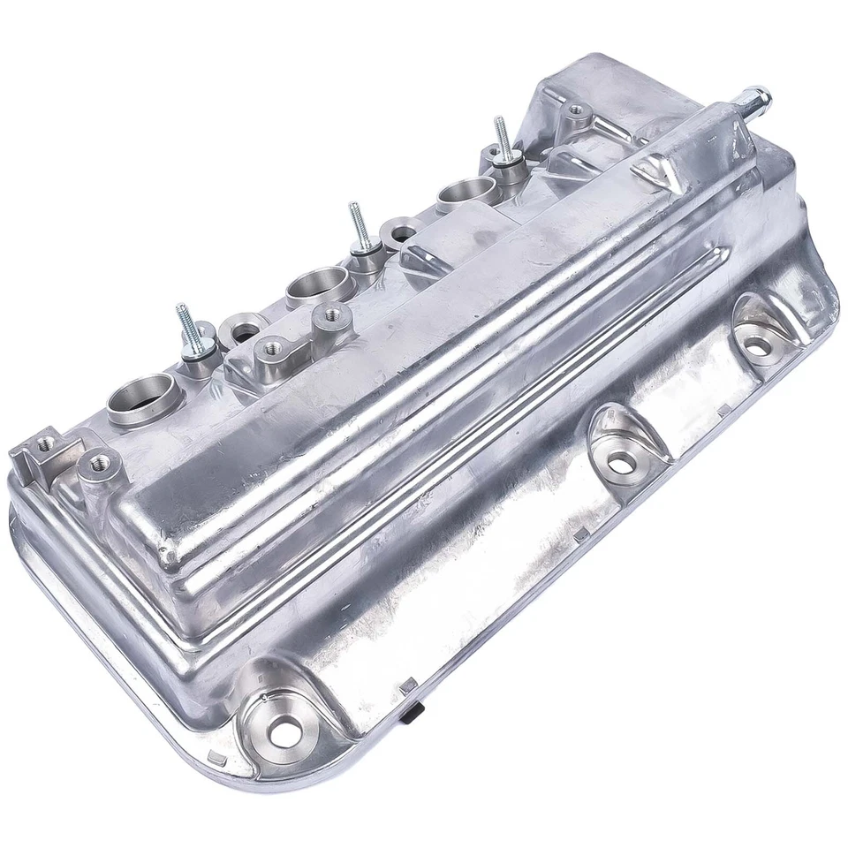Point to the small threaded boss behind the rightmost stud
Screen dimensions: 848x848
pyautogui.click(x=577, y=112)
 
